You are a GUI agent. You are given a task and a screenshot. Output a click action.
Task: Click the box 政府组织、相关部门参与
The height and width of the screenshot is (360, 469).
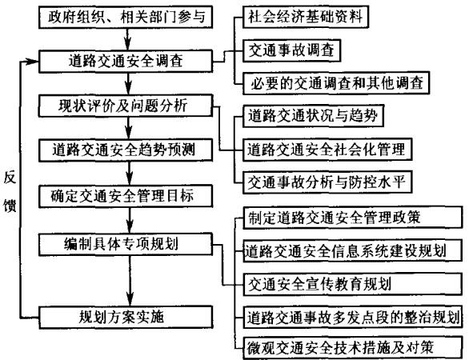click(124, 16)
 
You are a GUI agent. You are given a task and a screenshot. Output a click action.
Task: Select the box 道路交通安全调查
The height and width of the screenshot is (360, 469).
click(124, 61)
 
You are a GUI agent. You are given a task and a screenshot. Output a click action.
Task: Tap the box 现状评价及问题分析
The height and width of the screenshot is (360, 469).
click(124, 106)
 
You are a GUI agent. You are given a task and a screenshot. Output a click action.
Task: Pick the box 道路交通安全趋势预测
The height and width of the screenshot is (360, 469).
click(124, 150)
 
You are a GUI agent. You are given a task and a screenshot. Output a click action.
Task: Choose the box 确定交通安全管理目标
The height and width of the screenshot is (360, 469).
click(124, 194)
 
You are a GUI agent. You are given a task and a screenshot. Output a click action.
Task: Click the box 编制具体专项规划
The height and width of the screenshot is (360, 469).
click(124, 241)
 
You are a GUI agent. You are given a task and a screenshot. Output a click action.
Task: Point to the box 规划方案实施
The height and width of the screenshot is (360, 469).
click(124, 314)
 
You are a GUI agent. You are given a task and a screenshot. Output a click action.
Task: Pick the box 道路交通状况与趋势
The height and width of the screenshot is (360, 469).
click(305, 116)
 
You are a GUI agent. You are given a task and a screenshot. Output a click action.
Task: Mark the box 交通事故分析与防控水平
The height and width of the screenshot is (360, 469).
click(317, 181)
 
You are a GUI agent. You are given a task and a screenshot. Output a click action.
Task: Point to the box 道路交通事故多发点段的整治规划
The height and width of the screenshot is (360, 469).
click(351, 316)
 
